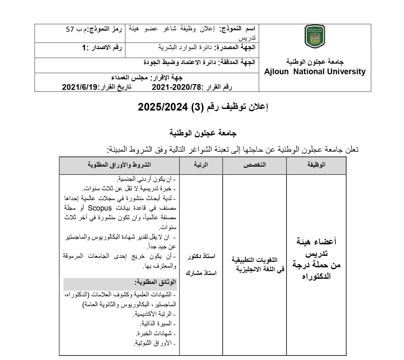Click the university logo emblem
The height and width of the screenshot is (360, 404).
point(315,37)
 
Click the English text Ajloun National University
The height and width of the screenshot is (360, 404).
point(315,72)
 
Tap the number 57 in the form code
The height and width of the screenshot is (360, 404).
point(70,30)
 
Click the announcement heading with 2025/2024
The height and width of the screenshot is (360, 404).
point(203,107)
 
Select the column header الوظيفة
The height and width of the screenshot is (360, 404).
point(316,165)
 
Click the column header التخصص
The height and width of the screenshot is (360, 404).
point(255,165)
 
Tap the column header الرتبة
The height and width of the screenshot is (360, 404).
point(201,165)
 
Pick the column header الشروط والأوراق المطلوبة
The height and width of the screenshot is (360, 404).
point(119,165)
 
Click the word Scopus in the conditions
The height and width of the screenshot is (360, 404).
point(100,208)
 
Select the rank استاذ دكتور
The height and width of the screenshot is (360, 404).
point(201,256)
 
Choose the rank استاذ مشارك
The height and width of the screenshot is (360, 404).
point(201,273)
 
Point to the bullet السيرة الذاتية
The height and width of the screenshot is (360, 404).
point(156,323)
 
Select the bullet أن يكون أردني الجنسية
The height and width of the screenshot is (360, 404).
point(143,179)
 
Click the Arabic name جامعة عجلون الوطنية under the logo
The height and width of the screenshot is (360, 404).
point(315,62)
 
